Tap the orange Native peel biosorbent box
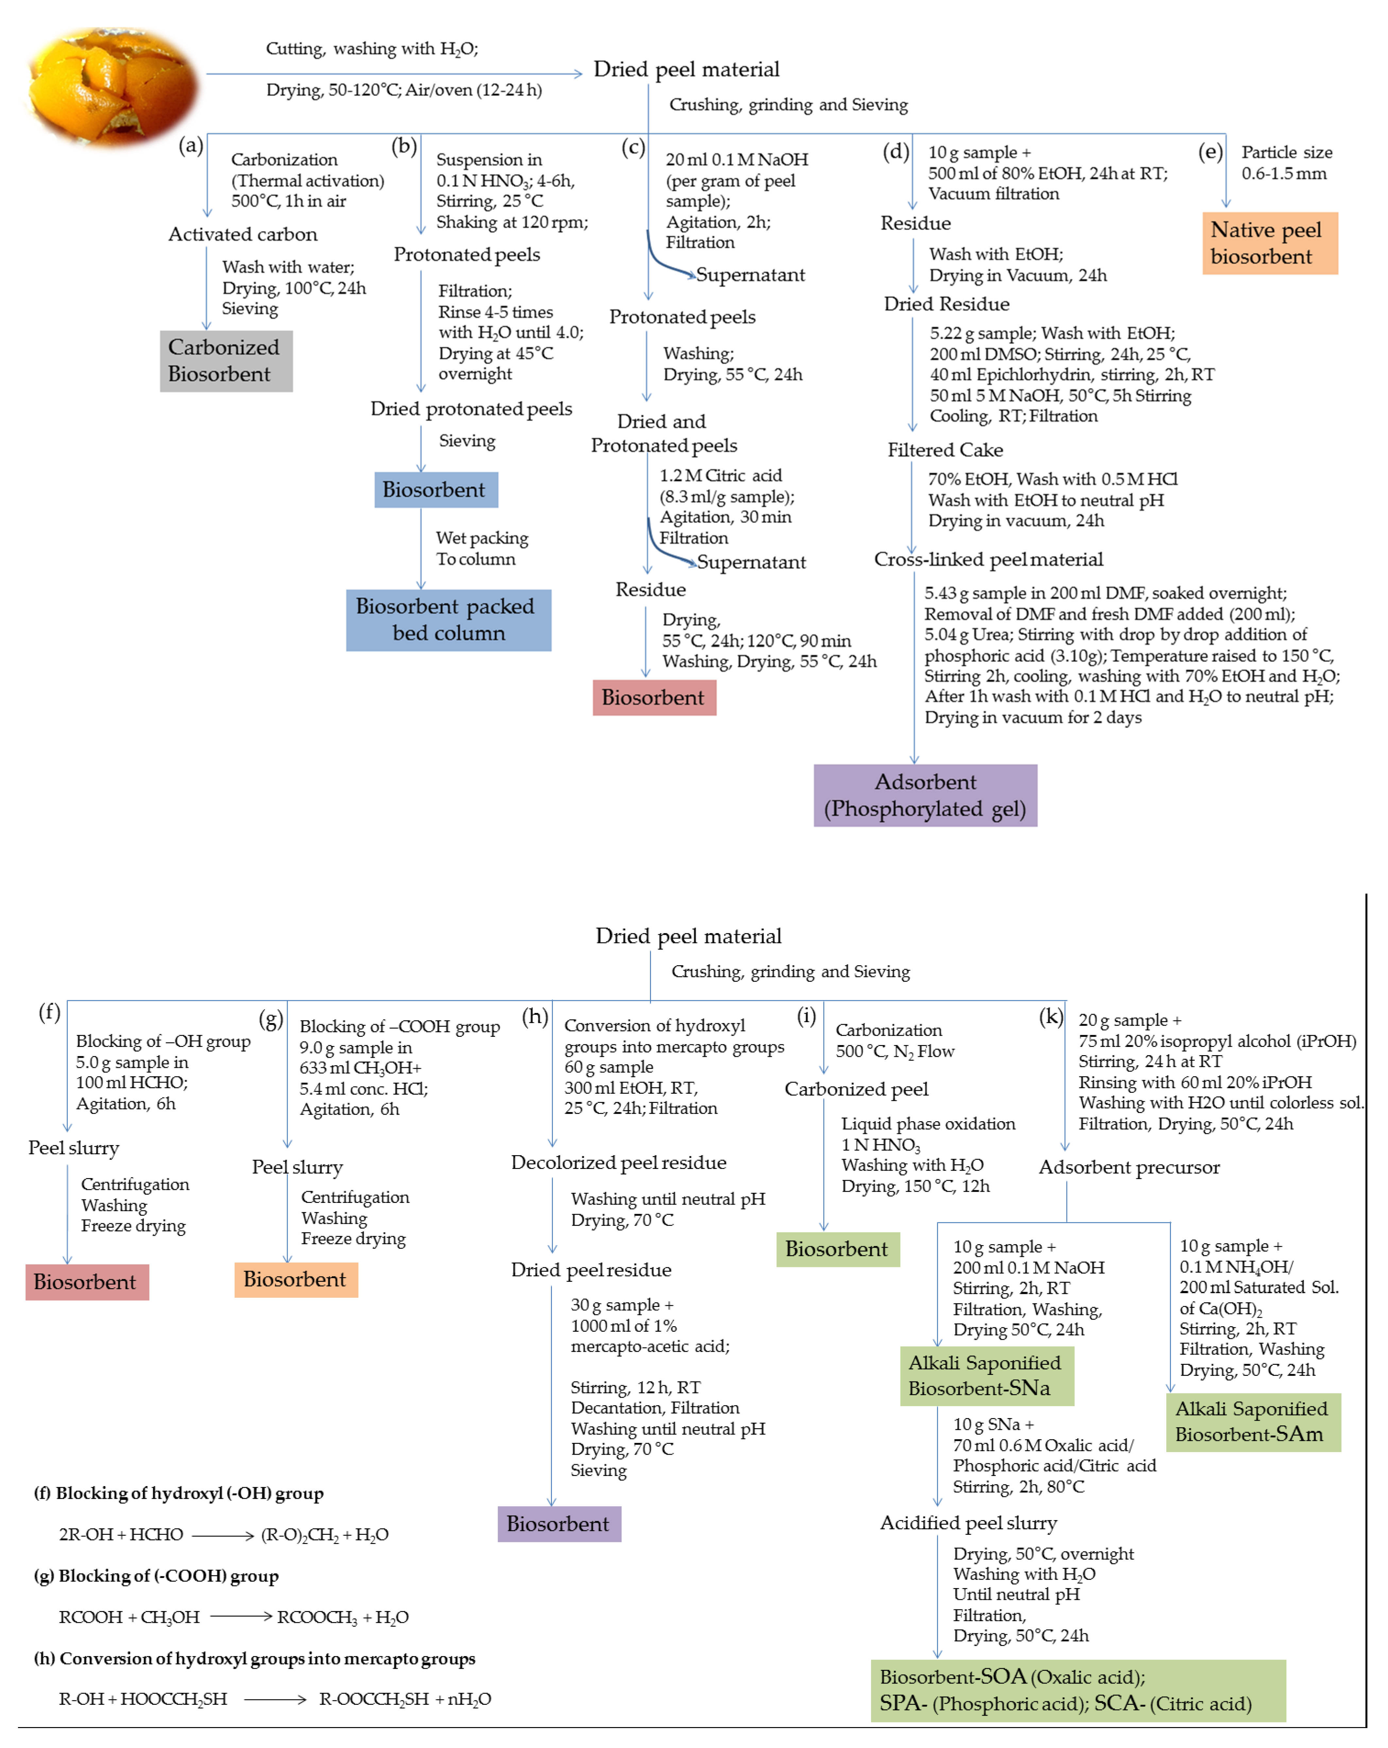pyautogui.click(x=1269, y=243)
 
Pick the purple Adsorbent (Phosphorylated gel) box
pyautogui.click(x=925, y=795)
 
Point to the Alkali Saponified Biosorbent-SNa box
pyautogui.click(x=986, y=1376)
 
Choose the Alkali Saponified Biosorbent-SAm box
pyautogui.click(x=1253, y=1422)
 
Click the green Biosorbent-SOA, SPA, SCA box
pyautogui.click(x=1077, y=1690)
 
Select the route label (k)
pyautogui.click(x=1051, y=1016)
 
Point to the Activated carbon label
pyautogui.click(x=242, y=234)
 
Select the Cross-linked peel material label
pyautogui.click(x=988, y=559)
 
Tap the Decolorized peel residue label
pyautogui.click(x=619, y=1163)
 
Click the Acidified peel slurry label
pyautogui.click(x=969, y=1523)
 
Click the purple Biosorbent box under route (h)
pyautogui.click(x=558, y=1524)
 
